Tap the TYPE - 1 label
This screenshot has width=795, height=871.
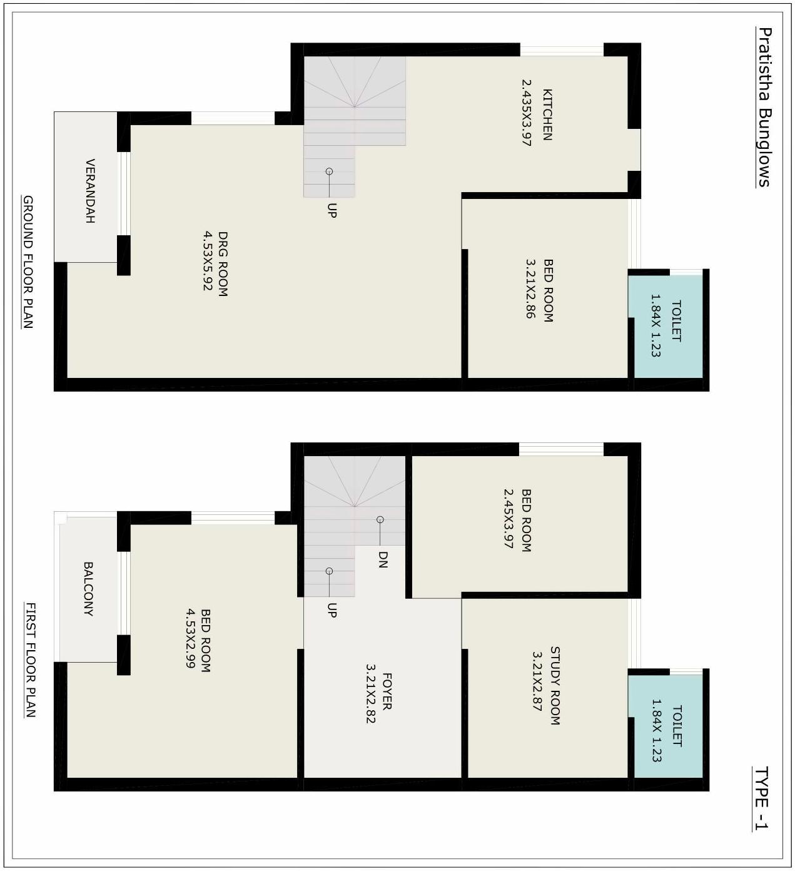click(x=761, y=798)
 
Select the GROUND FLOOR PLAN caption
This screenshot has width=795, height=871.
click(x=28, y=262)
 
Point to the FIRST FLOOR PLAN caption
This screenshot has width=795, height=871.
click(x=30, y=660)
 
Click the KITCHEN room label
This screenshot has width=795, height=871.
click(x=547, y=115)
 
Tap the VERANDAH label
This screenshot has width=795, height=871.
click(x=90, y=191)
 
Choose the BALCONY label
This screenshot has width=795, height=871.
click(x=89, y=589)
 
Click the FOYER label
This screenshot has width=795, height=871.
click(x=387, y=691)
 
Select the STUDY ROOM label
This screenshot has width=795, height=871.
click(x=555, y=686)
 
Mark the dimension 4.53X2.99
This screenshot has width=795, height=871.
click(x=191, y=638)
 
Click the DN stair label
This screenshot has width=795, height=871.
click(x=383, y=559)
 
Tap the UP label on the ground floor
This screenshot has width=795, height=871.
click(x=332, y=210)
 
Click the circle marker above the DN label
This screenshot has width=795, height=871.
click(x=380, y=519)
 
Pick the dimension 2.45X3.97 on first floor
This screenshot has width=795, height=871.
click(x=508, y=519)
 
